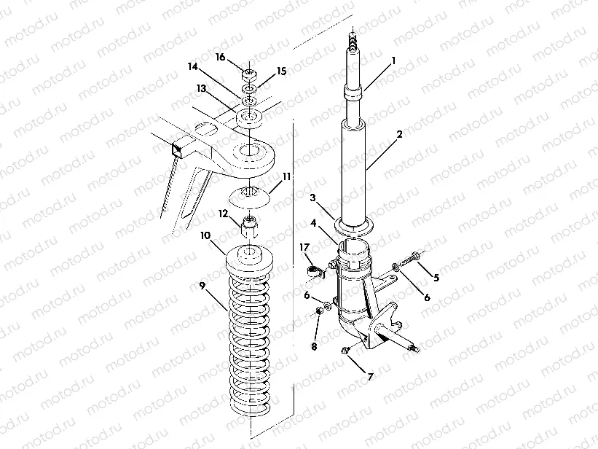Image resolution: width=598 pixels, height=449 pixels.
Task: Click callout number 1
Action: point(393,60)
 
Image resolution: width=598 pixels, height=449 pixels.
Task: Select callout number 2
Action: point(398,135)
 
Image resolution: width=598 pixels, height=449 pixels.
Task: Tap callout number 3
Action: point(312,198)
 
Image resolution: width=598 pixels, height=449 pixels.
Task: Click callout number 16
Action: point(219,56)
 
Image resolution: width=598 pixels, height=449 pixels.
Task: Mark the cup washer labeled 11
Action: point(250,194)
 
